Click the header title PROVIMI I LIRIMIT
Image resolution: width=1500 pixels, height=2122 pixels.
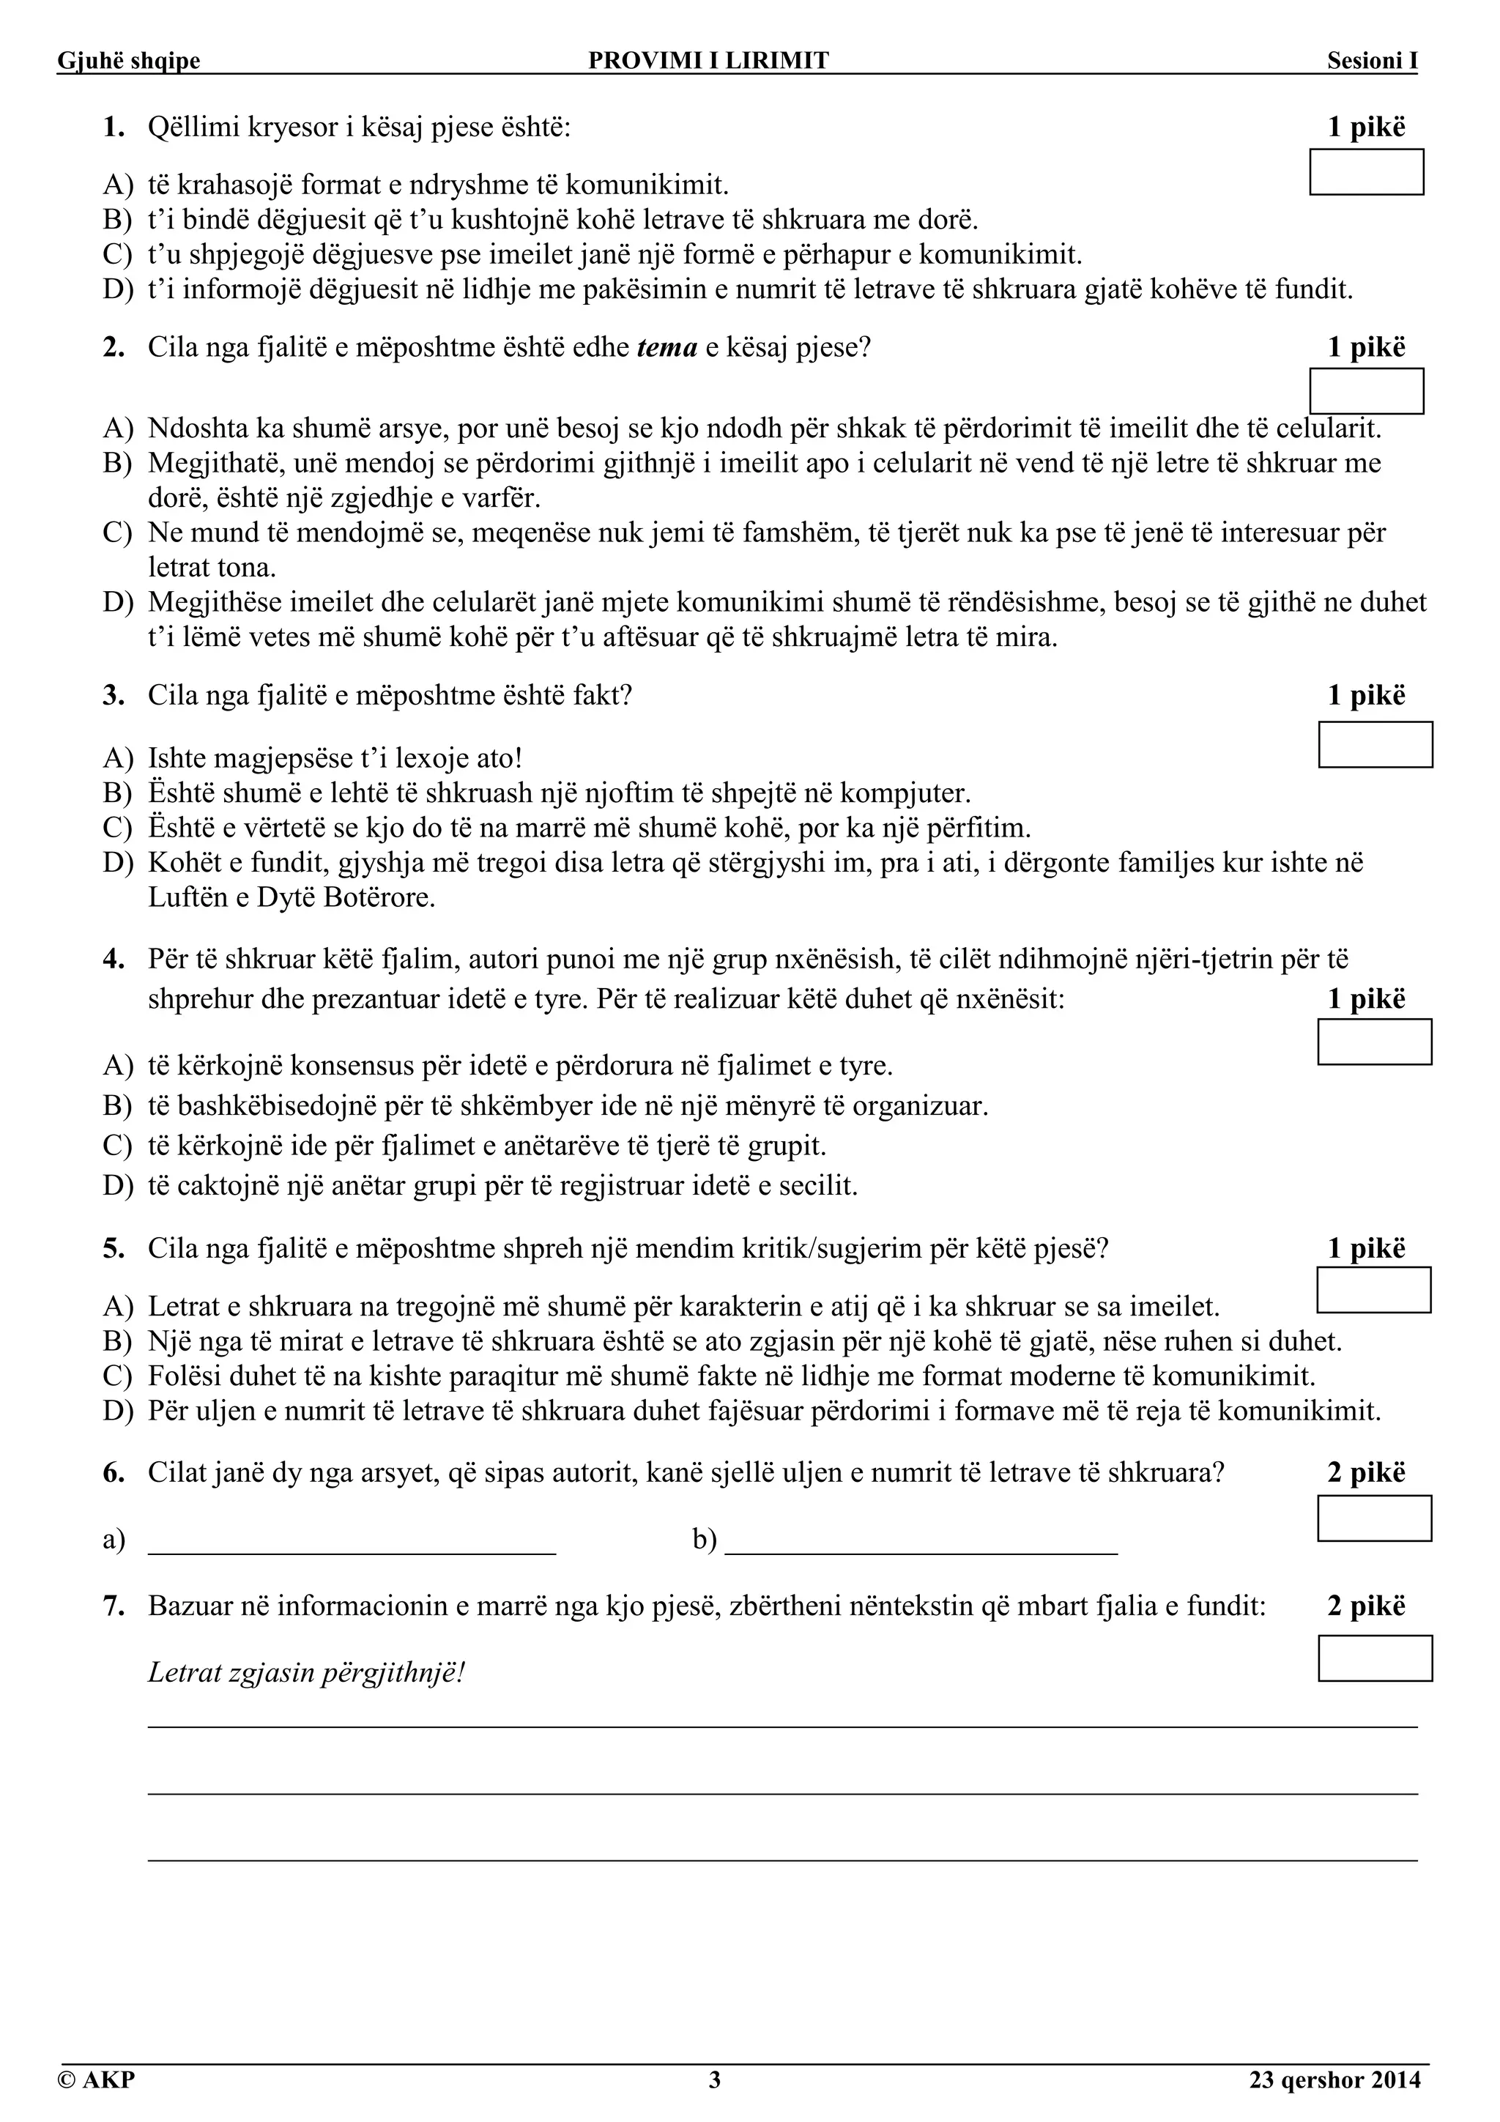(709, 61)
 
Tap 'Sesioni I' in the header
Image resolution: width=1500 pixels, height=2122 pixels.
(1372, 61)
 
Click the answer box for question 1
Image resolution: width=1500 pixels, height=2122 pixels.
(1366, 172)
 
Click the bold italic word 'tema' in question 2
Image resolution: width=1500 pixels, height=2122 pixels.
(667, 349)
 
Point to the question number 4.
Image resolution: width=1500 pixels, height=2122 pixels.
(114, 960)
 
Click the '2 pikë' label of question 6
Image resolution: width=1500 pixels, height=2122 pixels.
(1366, 1472)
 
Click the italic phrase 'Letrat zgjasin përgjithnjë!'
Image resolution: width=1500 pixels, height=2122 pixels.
(306, 1673)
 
